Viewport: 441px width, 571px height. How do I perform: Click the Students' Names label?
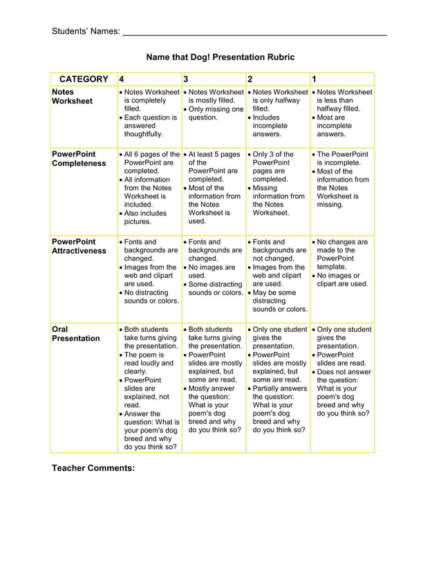(x=86, y=32)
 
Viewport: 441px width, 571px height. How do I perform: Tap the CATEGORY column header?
(x=84, y=79)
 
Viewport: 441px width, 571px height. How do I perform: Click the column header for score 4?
(x=122, y=79)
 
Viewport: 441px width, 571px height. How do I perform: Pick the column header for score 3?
(x=186, y=79)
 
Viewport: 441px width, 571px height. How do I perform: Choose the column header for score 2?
(x=250, y=79)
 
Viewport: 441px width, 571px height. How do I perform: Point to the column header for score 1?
(x=315, y=79)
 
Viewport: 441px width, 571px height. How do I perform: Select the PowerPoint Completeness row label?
(x=79, y=158)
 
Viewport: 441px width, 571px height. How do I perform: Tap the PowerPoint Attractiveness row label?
(x=79, y=246)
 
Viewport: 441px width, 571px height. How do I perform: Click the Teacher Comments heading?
(x=93, y=468)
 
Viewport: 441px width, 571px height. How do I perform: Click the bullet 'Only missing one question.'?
(x=215, y=113)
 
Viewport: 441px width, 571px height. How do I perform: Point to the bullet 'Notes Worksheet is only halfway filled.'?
(x=279, y=100)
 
